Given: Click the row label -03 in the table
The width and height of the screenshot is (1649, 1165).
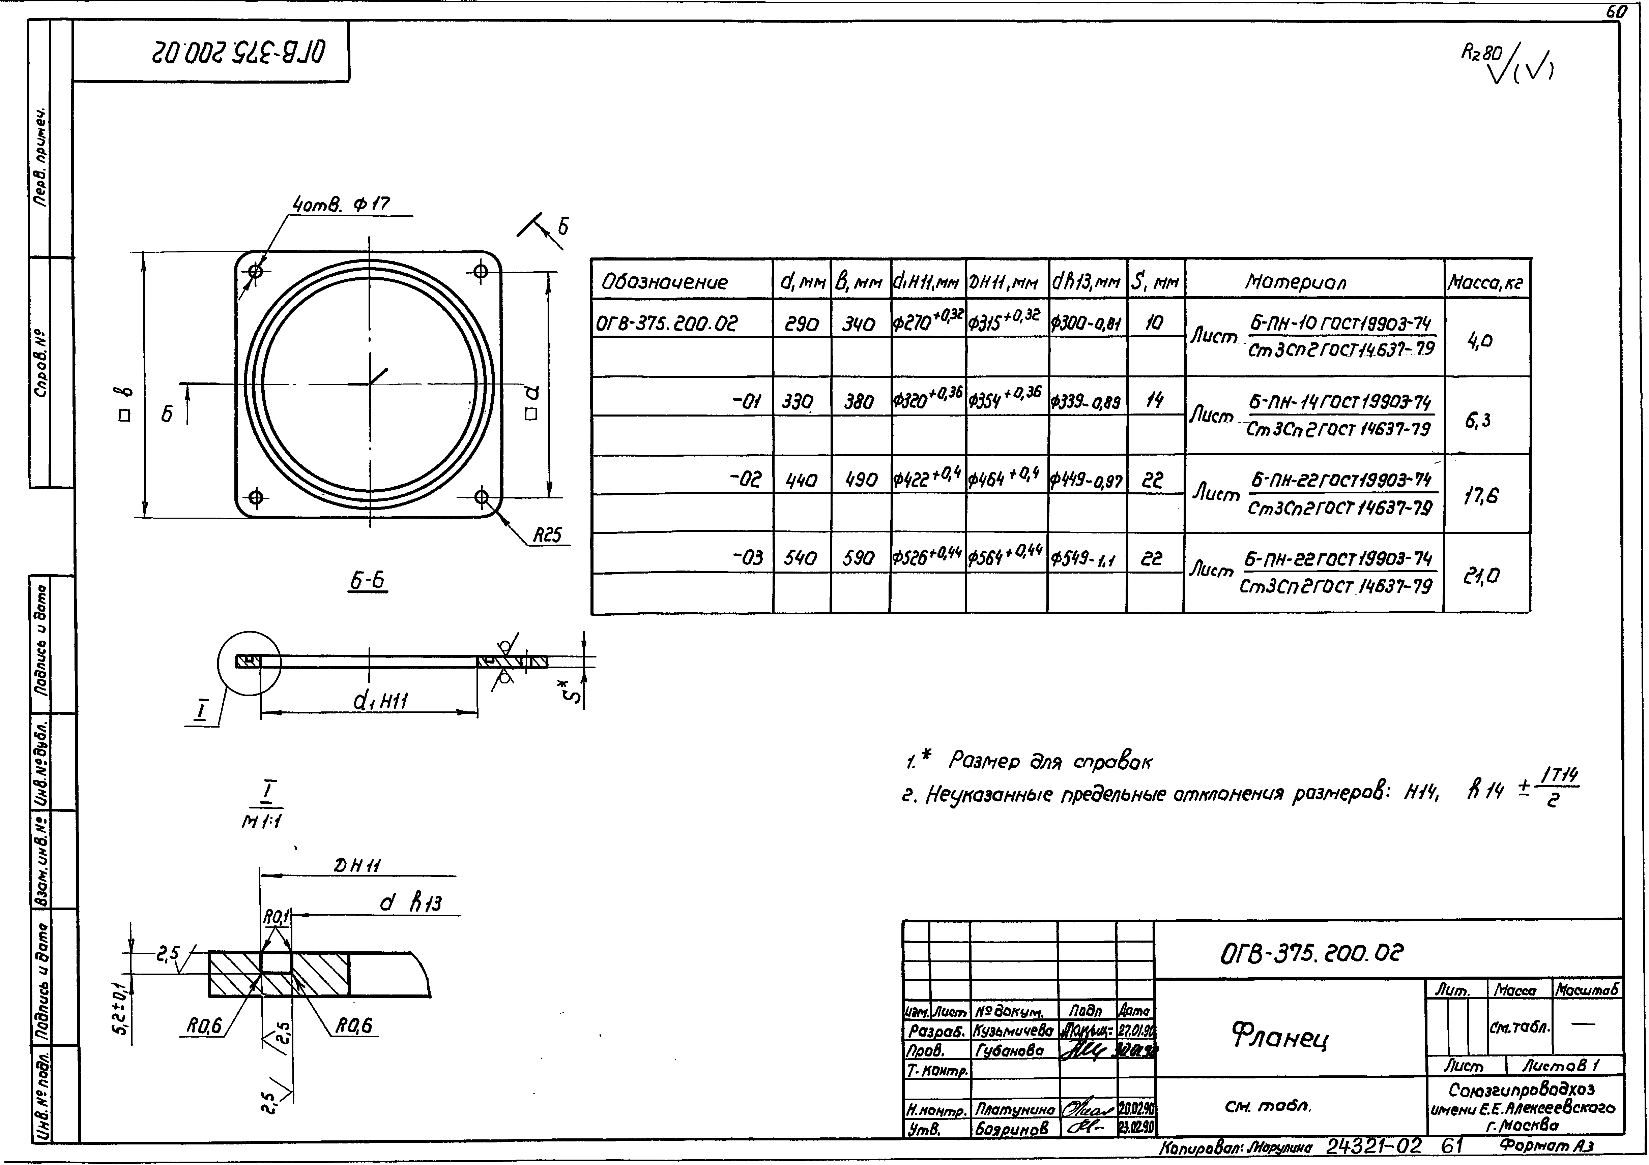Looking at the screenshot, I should pos(747,558).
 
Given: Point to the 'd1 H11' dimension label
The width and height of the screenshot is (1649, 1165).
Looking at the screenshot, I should pos(381,701).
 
